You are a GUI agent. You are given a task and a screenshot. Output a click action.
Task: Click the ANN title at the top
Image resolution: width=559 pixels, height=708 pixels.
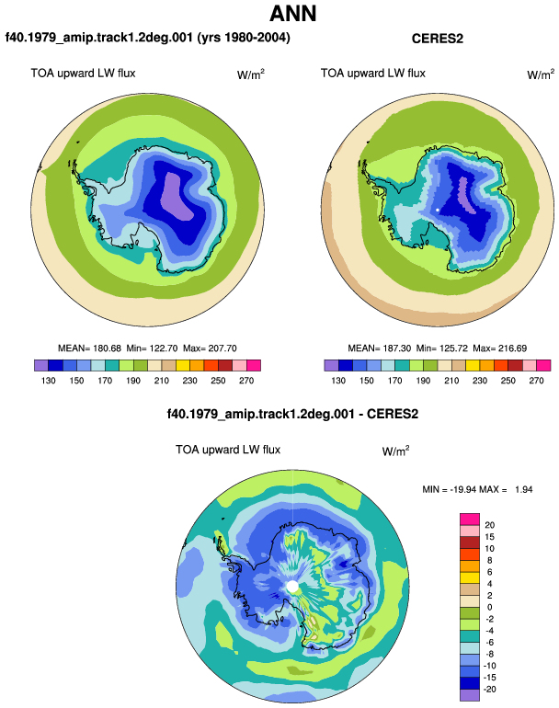click(292, 14)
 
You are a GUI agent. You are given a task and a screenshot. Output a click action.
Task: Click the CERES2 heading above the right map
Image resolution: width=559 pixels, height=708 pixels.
click(437, 39)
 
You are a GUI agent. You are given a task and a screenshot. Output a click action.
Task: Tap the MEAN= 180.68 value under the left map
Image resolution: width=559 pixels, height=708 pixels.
click(89, 348)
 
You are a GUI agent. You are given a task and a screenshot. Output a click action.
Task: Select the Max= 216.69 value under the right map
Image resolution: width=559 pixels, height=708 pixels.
click(500, 348)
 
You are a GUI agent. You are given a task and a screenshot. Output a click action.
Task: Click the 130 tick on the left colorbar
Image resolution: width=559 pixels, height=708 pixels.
click(49, 381)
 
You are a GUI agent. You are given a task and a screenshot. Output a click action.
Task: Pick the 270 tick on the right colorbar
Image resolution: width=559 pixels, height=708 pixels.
click(536, 381)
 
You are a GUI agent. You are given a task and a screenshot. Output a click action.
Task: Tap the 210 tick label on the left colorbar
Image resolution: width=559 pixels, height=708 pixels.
click(161, 381)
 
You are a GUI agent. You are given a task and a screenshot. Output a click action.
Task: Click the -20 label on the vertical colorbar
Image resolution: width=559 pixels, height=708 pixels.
click(489, 689)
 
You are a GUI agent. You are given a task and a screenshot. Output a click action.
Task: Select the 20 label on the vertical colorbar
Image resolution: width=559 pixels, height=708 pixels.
click(489, 525)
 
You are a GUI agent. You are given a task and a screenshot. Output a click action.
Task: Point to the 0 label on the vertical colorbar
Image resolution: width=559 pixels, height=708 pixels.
click(489, 607)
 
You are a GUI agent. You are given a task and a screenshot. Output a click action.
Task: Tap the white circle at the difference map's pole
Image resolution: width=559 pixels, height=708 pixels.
click(292, 587)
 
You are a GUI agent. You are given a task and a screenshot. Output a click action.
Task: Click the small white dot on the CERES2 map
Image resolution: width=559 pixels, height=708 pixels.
click(438, 210)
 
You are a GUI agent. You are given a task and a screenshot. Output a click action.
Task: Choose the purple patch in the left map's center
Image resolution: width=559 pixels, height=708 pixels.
click(178, 196)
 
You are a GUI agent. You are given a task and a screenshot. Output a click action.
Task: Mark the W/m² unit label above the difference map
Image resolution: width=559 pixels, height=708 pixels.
click(395, 451)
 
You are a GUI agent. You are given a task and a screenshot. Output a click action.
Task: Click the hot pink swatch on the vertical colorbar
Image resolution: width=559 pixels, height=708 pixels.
click(470, 520)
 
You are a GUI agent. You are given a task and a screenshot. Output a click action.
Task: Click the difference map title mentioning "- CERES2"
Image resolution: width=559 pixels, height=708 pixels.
click(292, 414)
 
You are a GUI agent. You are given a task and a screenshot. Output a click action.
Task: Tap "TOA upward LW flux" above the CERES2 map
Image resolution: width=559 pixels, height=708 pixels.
click(373, 74)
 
